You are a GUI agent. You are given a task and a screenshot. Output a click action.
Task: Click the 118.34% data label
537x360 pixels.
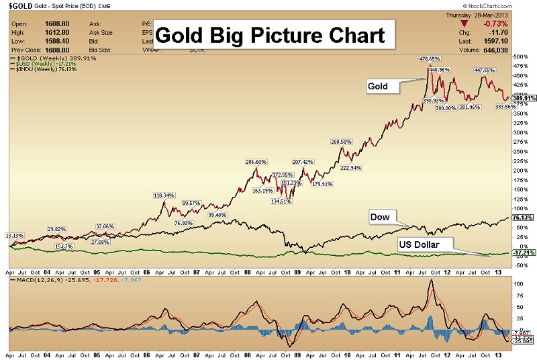pos(164,195)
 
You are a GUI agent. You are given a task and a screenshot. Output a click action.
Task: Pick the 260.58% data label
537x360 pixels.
pos(342,142)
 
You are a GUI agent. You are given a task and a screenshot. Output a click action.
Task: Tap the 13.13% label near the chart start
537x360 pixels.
pos(14,235)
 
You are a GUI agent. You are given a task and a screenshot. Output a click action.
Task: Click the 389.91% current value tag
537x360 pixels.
pos(523,98)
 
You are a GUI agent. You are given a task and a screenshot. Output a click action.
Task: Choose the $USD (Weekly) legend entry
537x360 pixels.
pos(40,64)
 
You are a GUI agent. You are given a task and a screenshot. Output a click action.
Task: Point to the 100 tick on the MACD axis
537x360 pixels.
pos(518,284)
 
